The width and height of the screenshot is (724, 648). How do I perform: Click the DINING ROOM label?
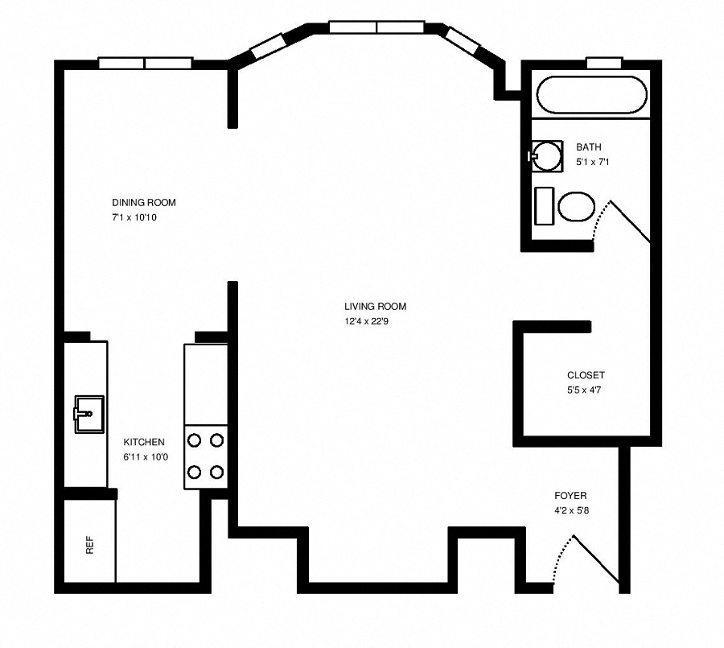click(143, 203)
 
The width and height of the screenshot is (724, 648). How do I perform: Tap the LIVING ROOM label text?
click(375, 307)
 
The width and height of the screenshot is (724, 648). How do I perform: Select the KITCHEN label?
click(144, 442)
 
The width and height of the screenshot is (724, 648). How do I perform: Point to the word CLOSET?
click(586, 375)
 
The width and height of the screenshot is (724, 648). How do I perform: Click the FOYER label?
click(570, 496)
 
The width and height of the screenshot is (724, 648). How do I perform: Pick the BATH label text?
click(589, 147)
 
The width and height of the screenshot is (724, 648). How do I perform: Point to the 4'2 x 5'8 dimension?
click(572, 510)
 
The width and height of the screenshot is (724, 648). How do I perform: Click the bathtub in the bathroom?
click(591, 95)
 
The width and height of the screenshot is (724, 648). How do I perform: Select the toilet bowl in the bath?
click(576, 207)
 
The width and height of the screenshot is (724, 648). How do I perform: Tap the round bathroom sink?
click(547, 155)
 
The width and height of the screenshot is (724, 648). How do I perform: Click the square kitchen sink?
click(88, 414)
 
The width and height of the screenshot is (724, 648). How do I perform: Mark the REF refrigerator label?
click(89, 547)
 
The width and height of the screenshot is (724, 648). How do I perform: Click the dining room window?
click(146, 63)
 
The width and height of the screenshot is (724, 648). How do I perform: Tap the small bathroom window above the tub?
click(603, 63)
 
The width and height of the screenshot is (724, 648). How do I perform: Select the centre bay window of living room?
click(377, 27)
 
